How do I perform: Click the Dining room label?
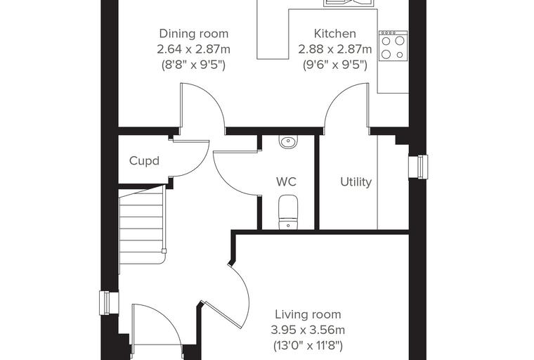tap(193, 34)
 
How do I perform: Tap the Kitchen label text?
tap(334, 34)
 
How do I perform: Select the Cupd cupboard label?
tap(145, 161)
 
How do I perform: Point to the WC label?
tap(286, 181)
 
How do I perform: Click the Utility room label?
tap(356, 182)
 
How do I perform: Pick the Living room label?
tap(308, 315)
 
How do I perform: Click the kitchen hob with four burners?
tap(393, 46)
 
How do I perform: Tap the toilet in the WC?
tap(288, 212)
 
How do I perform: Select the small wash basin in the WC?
tap(288, 141)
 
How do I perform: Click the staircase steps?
tap(142, 229)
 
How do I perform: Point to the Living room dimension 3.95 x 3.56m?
tap(308, 330)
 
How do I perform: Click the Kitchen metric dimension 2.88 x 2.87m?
tap(334, 49)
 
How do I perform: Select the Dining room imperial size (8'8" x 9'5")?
tap(193, 65)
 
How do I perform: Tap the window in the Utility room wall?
tap(419, 167)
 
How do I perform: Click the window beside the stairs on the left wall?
tap(109, 303)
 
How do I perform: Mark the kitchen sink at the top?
tap(349, 3)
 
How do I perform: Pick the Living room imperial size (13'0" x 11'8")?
tap(308, 346)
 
